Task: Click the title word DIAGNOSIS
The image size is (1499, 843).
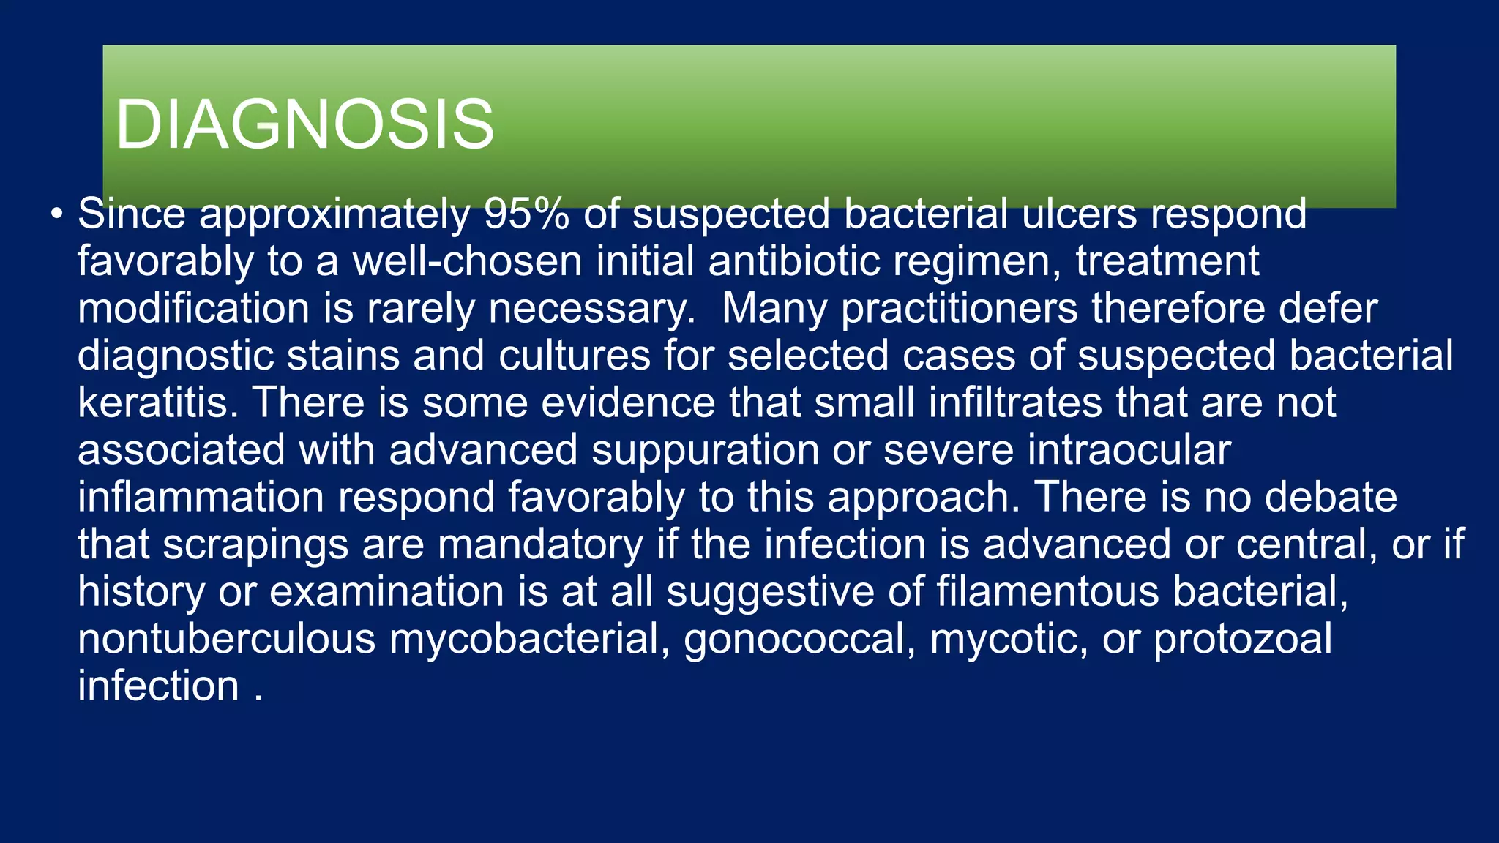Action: click(304, 124)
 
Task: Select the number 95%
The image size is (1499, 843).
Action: click(526, 214)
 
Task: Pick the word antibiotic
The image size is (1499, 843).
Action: click(793, 261)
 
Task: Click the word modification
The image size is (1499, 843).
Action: click(193, 308)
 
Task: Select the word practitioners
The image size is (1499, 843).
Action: click(959, 308)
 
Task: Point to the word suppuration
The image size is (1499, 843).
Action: click(705, 450)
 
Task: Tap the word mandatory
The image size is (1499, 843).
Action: click(540, 544)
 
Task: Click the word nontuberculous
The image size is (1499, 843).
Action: click(226, 639)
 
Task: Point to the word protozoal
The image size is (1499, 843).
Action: click(1243, 639)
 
